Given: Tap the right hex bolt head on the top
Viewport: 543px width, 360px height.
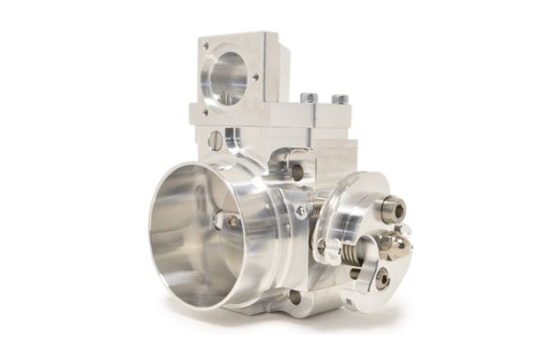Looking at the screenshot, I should coord(339,98).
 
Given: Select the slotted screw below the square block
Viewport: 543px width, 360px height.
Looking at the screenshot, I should coord(215,140).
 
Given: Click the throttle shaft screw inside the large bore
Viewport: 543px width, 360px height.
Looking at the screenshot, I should coord(233,222).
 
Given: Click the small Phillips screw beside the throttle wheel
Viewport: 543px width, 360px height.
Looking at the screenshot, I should coord(301,211).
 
